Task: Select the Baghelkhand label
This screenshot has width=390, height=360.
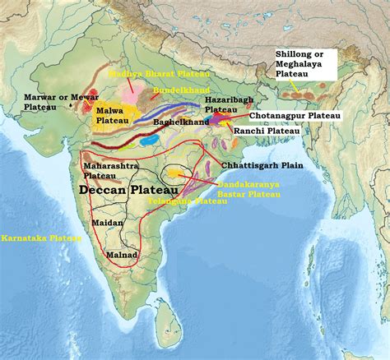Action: click(x=188, y=122)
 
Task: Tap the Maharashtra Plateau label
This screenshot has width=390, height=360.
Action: click(x=104, y=170)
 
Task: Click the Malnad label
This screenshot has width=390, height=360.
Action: click(x=123, y=256)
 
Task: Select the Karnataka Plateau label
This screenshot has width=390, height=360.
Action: click(x=41, y=238)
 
